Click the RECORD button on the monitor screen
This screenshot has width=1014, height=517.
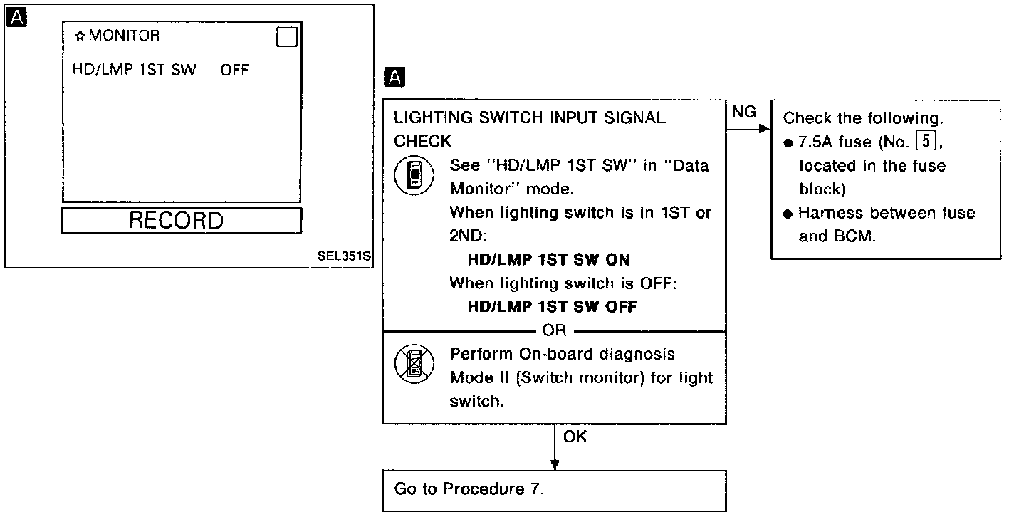tap(182, 221)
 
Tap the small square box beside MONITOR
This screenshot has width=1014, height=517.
tap(286, 38)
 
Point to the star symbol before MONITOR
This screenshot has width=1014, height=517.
tap(80, 36)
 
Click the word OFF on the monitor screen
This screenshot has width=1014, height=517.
tap(234, 70)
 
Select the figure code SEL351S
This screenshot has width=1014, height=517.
tap(345, 255)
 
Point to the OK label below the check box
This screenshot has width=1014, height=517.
tap(575, 437)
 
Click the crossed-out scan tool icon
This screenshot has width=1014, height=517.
tap(411, 366)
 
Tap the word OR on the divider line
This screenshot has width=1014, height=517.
tap(554, 330)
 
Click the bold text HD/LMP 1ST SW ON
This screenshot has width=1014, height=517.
tap(548, 260)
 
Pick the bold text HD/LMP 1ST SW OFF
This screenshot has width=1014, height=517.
tap(552, 307)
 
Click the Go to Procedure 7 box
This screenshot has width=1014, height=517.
tap(554, 490)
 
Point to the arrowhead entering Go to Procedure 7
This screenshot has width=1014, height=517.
tap(555, 464)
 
